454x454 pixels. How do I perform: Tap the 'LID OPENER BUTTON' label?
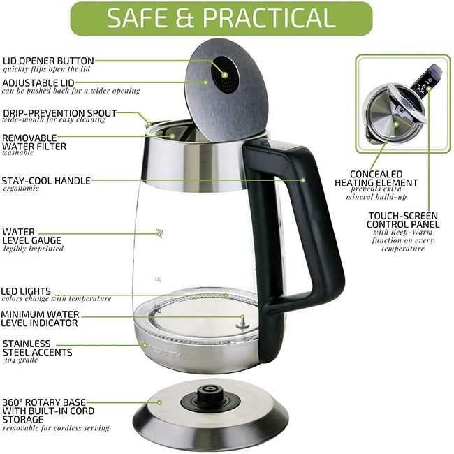point(48,61)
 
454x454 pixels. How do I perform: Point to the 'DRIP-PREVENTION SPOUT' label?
point(59,112)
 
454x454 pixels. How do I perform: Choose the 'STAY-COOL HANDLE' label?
point(46,180)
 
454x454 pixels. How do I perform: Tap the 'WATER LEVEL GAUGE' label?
point(32,235)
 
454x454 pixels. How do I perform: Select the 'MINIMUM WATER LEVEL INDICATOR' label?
point(40,318)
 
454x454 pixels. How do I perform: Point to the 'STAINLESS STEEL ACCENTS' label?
point(37,348)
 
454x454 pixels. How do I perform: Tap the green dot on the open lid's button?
point(225,73)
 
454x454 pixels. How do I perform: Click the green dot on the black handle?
point(304,180)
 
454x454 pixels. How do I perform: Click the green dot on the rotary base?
point(159,402)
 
